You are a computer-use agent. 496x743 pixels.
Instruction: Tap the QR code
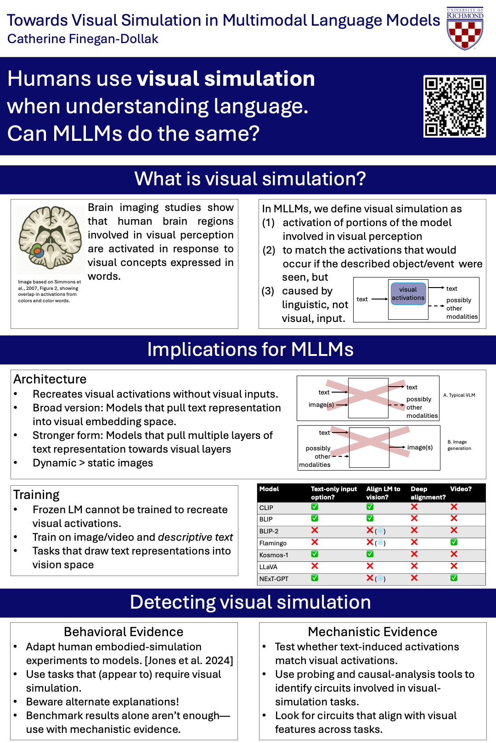454,106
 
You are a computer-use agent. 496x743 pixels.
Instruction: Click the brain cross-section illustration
50,238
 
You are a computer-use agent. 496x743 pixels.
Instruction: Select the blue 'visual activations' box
408,294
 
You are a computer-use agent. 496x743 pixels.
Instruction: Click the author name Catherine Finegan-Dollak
83,39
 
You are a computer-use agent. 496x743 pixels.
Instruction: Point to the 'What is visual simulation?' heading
250,179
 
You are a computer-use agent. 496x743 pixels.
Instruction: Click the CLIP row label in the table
266,508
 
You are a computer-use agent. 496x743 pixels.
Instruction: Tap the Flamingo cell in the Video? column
454,542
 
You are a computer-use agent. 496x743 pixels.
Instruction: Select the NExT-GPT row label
274,579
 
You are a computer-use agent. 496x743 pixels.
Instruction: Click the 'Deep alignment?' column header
428,493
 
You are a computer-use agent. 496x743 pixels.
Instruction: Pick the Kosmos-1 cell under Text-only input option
315,554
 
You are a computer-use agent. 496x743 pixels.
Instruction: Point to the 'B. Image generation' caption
459,445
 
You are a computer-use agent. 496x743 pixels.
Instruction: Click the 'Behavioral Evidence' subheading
124,632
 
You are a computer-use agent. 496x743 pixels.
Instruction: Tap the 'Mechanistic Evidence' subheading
372,632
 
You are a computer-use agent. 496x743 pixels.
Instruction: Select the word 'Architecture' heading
50,379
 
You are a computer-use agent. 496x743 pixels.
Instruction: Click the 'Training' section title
36,495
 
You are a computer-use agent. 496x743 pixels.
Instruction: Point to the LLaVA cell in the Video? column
454,566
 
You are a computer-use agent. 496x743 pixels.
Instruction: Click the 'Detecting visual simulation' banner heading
250,602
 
